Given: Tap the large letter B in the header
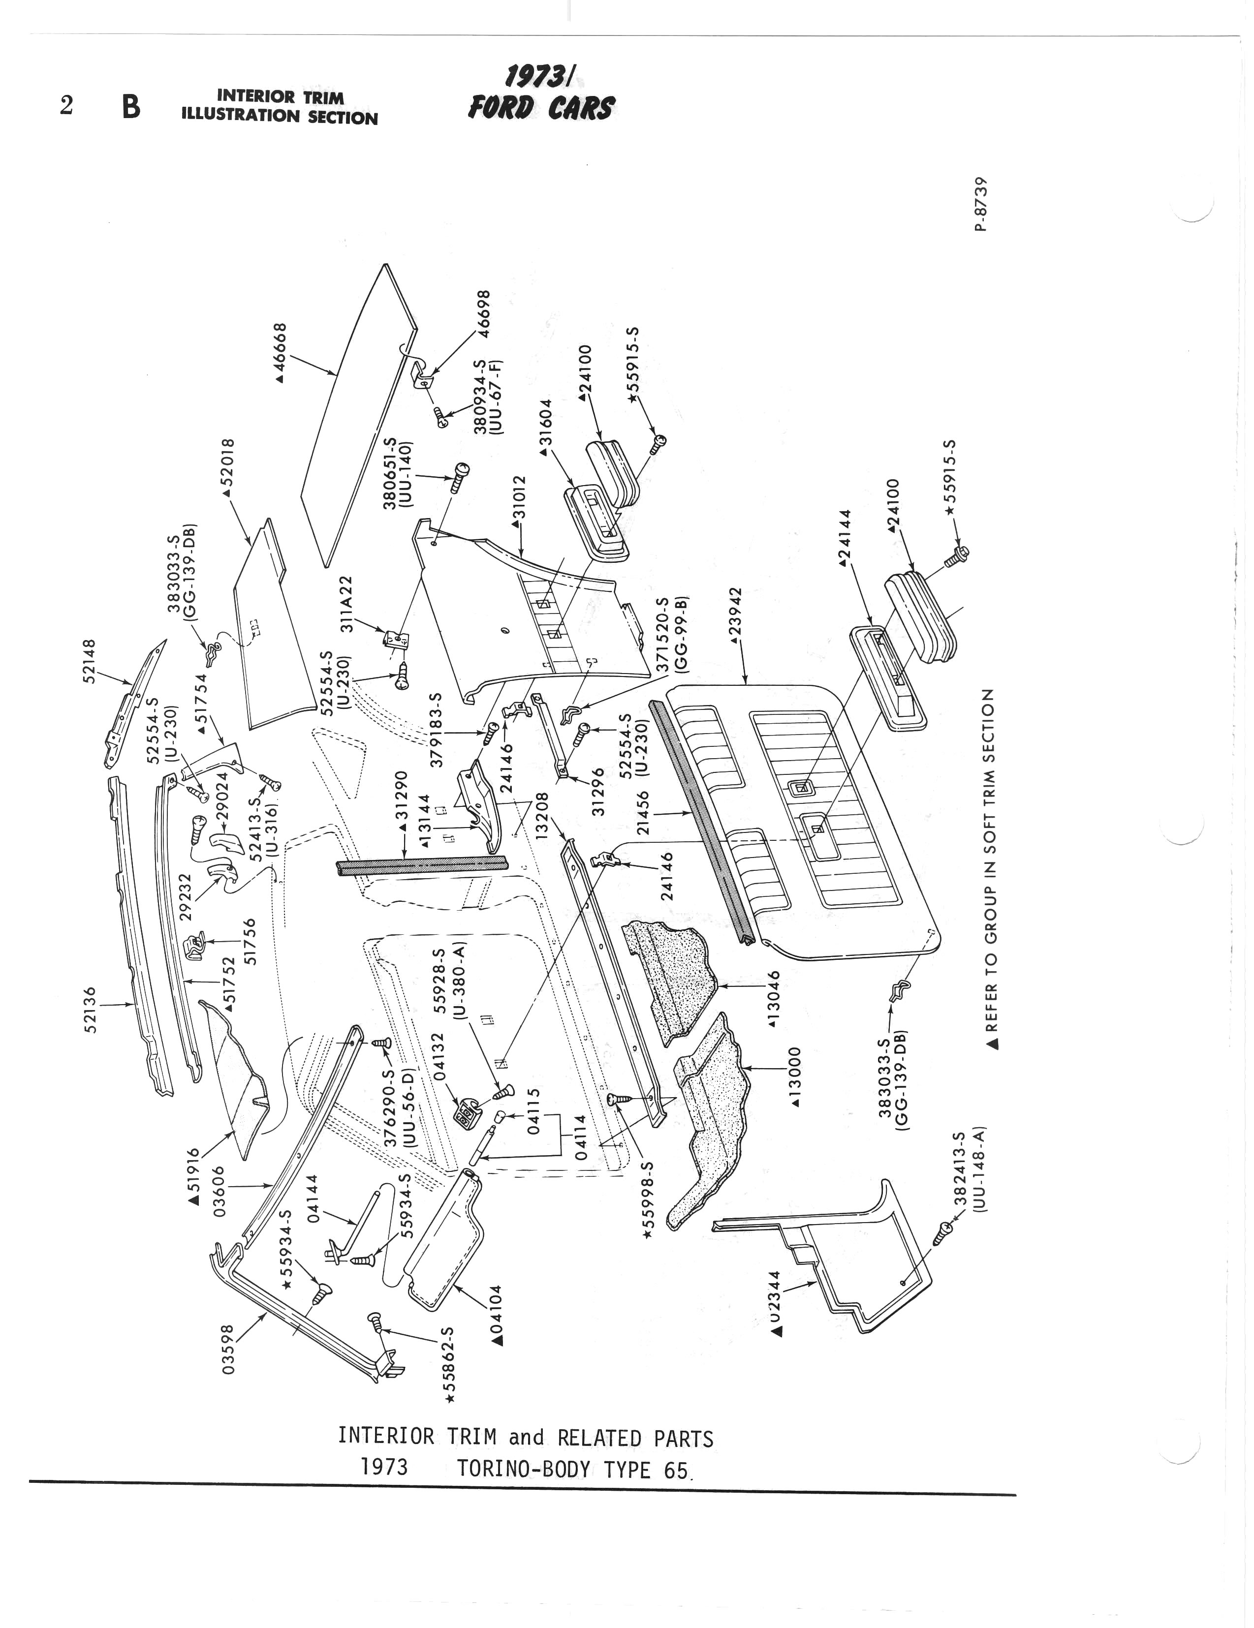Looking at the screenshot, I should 131,107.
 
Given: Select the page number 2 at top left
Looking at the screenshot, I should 66,107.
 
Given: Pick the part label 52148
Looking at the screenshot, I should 90,660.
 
